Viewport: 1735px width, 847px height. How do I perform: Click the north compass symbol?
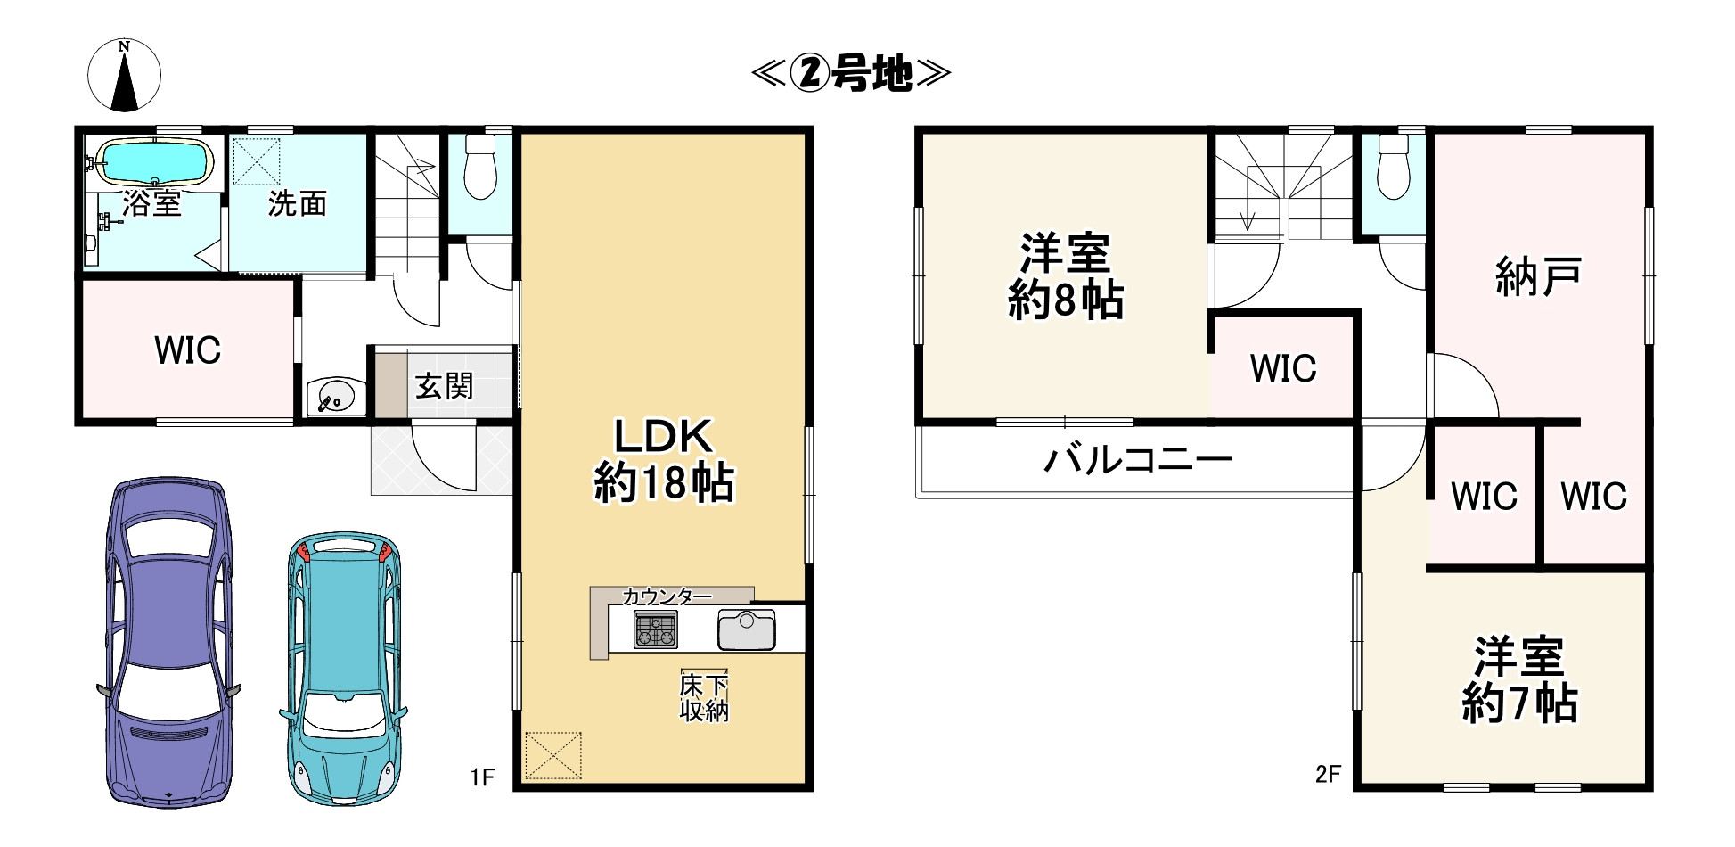point(125,76)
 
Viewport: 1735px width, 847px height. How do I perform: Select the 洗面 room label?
point(298,203)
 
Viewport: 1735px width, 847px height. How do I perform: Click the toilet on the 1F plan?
point(481,169)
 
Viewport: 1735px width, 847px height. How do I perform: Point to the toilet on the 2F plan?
point(1393,169)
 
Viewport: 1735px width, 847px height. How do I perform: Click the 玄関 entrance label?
point(444,386)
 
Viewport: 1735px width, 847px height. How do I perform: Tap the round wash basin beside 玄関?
point(334,395)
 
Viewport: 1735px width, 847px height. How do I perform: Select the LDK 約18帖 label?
point(664,460)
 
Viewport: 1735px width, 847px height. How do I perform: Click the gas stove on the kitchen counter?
point(656,629)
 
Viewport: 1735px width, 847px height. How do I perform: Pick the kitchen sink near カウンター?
point(747,630)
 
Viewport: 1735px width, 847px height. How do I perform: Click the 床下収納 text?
point(704,698)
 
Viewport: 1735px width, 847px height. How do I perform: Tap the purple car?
point(168,642)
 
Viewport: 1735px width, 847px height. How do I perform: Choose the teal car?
point(344,669)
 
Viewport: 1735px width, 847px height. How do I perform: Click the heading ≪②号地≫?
point(851,73)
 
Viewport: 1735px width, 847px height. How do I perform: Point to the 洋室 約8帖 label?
point(1066,276)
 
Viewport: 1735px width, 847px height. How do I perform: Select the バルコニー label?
point(1138,460)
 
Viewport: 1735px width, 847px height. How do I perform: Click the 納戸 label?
point(1538,276)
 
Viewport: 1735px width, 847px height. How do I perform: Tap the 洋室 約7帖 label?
point(1519,680)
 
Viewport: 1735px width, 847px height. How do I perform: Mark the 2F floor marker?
point(1328,774)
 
